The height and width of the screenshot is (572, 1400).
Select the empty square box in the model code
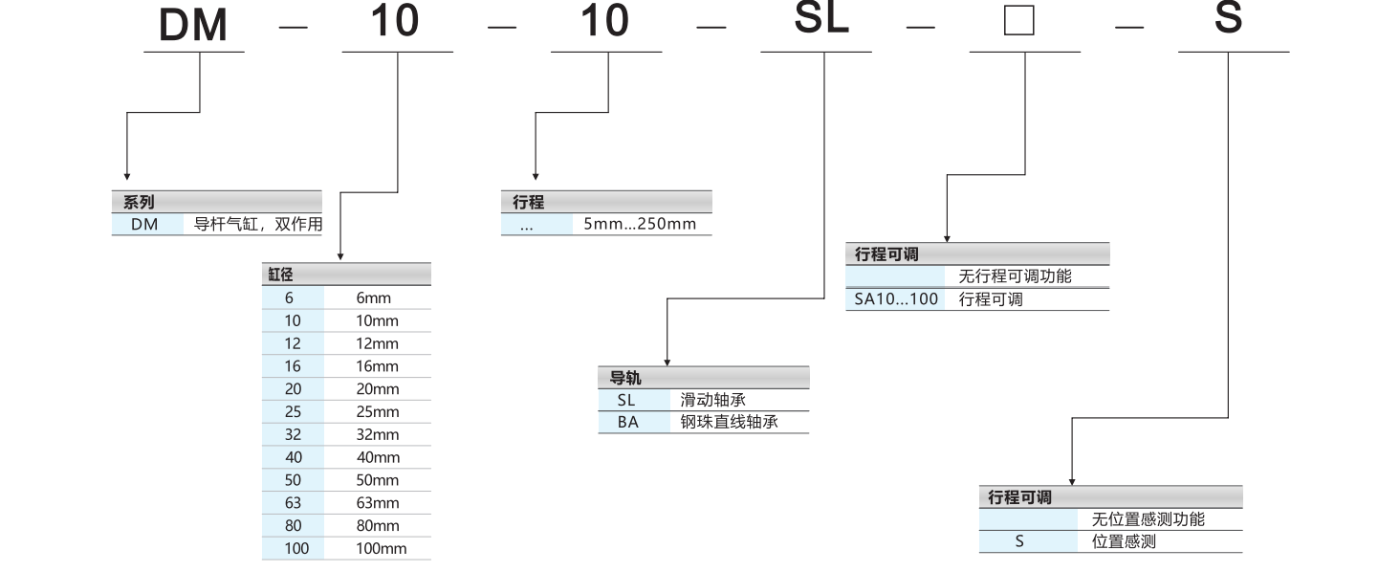click(x=1019, y=21)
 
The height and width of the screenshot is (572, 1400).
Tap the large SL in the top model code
click(x=822, y=19)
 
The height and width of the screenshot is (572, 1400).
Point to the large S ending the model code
click(x=1228, y=19)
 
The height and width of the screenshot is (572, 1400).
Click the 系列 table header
click(x=140, y=202)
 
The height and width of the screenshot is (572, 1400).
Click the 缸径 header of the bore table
click(x=280, y=275)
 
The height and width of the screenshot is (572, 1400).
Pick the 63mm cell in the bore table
click(x=377, y=503)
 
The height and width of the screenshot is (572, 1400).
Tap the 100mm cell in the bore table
click(x=381, y=549)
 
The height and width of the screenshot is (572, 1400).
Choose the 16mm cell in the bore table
click(x=377, y=366)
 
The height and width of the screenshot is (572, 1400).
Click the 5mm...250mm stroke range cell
click(x=640, y=225)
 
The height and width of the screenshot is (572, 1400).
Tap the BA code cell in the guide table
click(x=626, y=422)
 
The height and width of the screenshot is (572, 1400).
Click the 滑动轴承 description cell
click(x=712, y=400)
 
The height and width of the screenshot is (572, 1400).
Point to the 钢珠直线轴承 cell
click(x=729, y=422)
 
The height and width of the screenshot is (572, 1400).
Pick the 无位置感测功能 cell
click(x=1148, y=519)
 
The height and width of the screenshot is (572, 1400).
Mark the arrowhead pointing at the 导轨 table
click(x=667, y=361)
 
